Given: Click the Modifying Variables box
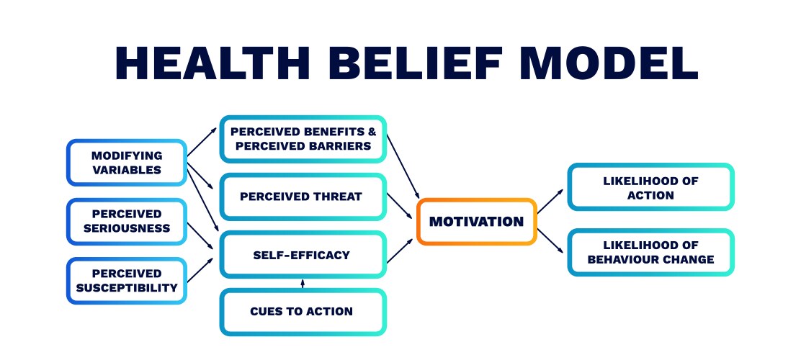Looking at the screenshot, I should coord(127,163).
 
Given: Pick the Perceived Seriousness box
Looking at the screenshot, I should coord(127,221).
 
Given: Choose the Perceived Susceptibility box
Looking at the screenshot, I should coord(127,280).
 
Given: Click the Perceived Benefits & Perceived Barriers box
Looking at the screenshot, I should coord(303,138).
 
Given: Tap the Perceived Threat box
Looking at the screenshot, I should coord(303,197).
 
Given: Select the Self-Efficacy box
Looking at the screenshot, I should coord(303,254).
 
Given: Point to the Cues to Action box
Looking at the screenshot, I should coord(303,312).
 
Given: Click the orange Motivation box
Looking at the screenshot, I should coord(476,221).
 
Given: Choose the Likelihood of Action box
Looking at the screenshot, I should coord(650,188).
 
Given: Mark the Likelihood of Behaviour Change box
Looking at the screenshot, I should coord(650,252).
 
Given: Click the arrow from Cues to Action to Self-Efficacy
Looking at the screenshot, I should coord(303,284).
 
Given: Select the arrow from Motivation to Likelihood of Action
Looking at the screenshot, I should coord(552,200).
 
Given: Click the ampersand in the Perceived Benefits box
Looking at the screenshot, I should coord(372,131).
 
